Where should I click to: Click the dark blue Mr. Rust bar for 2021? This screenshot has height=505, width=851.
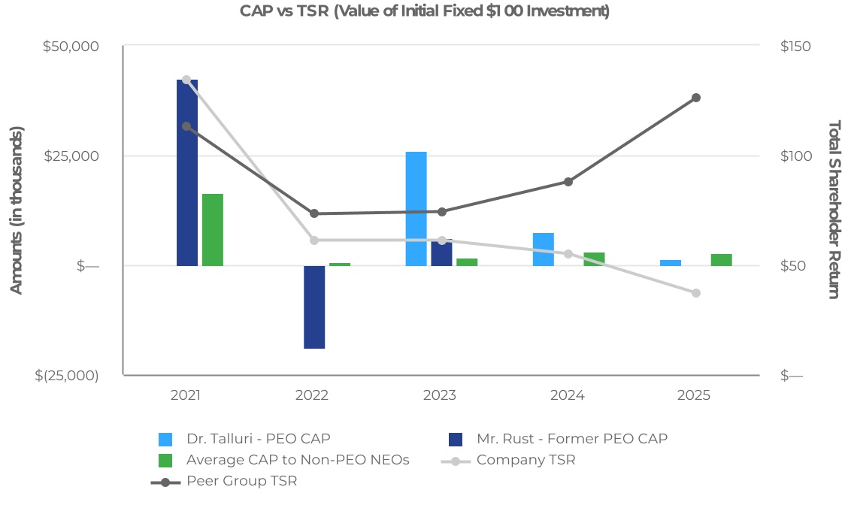coord(187,173)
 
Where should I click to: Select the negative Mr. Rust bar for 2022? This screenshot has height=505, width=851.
coord(314,307)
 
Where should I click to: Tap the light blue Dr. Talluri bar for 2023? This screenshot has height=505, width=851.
coord(416,209)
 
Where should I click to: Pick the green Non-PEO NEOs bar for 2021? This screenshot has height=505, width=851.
coord(213,230)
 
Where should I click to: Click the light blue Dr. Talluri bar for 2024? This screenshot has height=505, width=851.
coord(543,249)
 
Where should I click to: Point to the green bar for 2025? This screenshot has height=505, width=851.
coord(721,260)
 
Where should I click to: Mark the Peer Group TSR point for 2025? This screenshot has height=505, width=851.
coord(696,98)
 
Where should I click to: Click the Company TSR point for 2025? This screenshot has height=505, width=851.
coord(696,293)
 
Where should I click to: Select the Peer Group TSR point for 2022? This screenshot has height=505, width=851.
coord(314,213)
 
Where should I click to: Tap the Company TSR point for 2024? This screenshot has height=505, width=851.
coord(568,253)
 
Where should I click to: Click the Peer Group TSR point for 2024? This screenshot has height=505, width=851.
coord(568,182)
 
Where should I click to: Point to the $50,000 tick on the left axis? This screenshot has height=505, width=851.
coord(71,46)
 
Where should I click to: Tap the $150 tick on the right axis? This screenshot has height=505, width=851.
coord(795,46)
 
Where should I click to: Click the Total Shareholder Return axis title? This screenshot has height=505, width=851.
coord(833,209)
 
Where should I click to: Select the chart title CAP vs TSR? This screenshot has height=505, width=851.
coord(425,11)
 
